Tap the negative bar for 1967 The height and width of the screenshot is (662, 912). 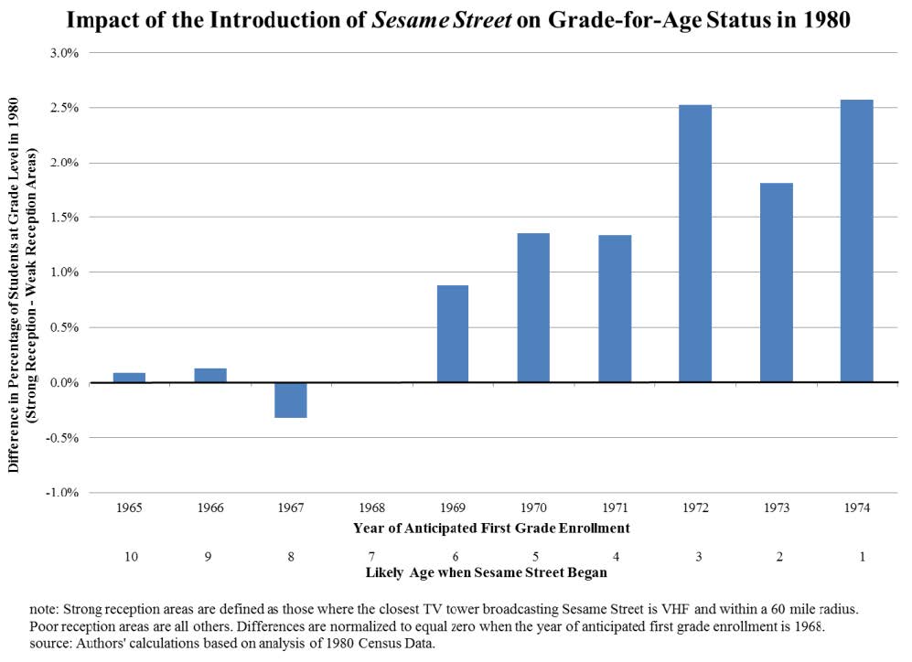pyautogui.click(x=291, y=400)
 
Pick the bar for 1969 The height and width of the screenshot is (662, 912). pyautogui.click(x=453, y=334)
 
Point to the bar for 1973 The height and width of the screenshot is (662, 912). pyautogui.click(x=777, y=283)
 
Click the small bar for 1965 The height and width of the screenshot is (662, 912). pyautogui.click(x=129, y=377)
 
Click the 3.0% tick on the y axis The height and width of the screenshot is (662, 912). pyautogui.click(x=69, y=53)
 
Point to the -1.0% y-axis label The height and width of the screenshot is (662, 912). pyautogui.click(x=67, y=493)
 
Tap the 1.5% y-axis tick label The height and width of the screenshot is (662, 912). pyautogui.click(x=69, y=218)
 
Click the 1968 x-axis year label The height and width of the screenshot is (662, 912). pyautogui.click(x=372, y=507)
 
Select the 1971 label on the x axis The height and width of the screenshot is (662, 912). pyautogui.click(x=615, y=507)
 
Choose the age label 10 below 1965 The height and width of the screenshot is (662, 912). pyautogui.click(x=129, y=555)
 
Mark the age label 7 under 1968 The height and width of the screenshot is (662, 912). pyautogui.click(x=372, y=555)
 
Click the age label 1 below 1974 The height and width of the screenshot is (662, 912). pyautogui.click(x=857, y=555)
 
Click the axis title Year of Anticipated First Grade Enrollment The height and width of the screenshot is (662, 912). pyautogui.click(x=491, y=528)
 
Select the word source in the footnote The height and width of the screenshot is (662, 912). pyautogui.click(x=49, y=644)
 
